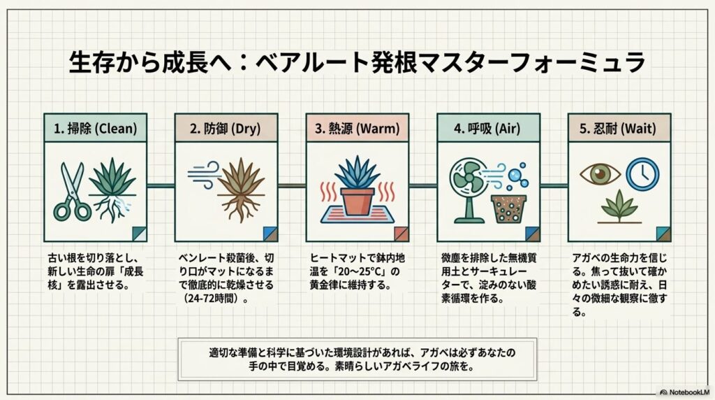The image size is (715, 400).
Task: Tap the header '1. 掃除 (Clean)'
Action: point(95,128)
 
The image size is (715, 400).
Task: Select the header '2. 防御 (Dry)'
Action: point(226,128)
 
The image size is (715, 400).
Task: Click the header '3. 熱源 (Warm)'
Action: point(357,128)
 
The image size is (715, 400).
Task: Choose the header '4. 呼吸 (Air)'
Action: point(488,128)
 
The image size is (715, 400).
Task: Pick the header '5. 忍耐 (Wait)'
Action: point(619,128)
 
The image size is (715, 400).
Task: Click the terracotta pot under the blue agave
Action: point(357,201)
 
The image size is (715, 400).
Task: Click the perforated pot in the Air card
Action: point(509,208)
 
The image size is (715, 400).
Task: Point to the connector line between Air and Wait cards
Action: point(554,185)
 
